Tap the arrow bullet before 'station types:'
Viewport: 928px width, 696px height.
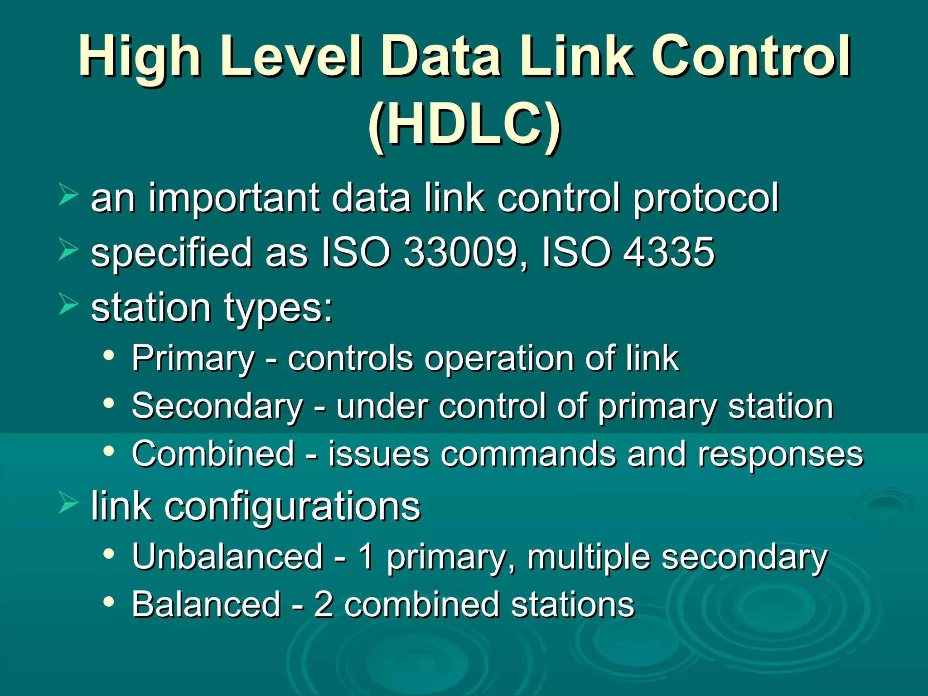tap(68, 304)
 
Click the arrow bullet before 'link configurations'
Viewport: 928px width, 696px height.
tap(68, 503)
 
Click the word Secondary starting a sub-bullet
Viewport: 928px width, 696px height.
tap(217, 406)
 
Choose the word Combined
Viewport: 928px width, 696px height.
tap(213, 454)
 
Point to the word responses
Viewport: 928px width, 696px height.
tap(780, 454)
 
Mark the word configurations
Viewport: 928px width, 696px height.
tap(292, 506)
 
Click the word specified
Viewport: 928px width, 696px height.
tap(171, 253)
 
